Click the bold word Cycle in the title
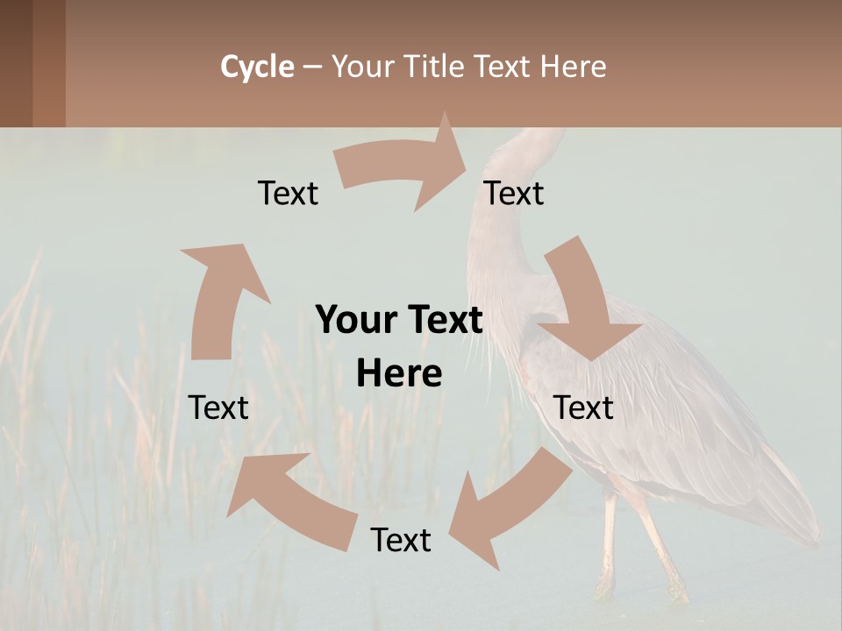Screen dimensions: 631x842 point(257,67)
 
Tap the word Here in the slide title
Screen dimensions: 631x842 point(573,67)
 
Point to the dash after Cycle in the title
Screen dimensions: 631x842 point(312,67)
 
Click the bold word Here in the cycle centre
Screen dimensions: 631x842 point(399,374)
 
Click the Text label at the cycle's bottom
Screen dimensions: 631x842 point(401,540)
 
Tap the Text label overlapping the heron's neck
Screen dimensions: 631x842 point(514,193)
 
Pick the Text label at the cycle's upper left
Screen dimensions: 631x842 point(288,193)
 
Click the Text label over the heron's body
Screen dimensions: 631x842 point(583,408)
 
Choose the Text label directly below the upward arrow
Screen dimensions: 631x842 point(218,408)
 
